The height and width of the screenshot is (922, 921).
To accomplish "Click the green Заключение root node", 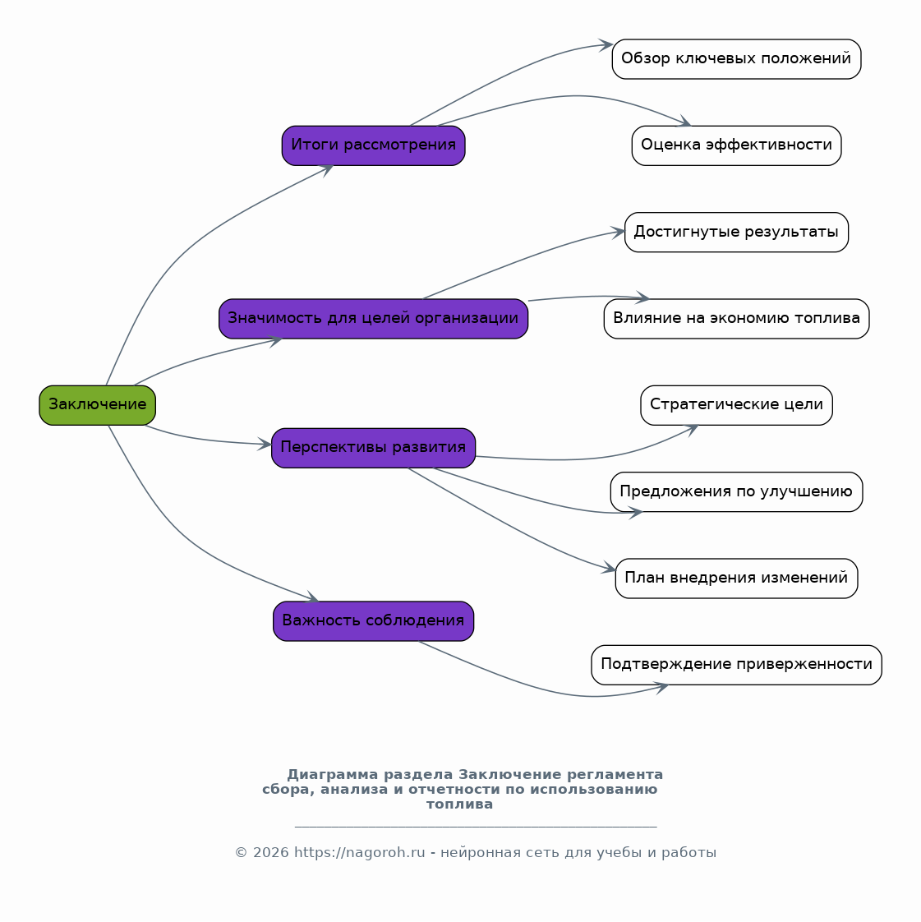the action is [98, 405].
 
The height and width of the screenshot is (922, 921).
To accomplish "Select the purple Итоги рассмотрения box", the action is [373, 145].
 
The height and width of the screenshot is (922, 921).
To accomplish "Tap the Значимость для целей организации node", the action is [373, 319].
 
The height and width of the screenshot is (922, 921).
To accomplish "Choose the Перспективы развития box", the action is [373, 448].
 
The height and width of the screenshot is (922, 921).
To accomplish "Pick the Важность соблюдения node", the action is [373, 621].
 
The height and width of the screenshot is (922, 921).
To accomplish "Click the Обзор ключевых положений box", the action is [736, 59].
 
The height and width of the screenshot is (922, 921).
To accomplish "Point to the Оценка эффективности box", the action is [736, 145].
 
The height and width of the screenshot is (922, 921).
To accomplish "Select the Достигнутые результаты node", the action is [736, 233].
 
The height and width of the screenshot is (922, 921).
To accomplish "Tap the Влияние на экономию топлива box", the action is [736, 319].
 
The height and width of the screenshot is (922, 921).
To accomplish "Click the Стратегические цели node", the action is [736, 405].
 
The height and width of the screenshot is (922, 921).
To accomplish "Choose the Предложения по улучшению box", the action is [736, 491].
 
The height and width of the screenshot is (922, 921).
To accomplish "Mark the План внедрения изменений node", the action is [736, 579].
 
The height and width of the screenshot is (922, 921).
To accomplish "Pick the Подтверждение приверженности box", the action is [736, 665].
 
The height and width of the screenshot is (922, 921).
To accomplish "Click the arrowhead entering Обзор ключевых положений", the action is [606, 44].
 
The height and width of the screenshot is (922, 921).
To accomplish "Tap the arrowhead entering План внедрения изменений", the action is [609, 568].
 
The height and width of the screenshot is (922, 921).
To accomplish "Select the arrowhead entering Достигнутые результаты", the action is [619, 232].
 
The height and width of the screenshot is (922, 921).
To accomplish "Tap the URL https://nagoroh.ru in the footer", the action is [359, 853].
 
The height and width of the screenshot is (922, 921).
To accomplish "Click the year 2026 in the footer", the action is [271, 853].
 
